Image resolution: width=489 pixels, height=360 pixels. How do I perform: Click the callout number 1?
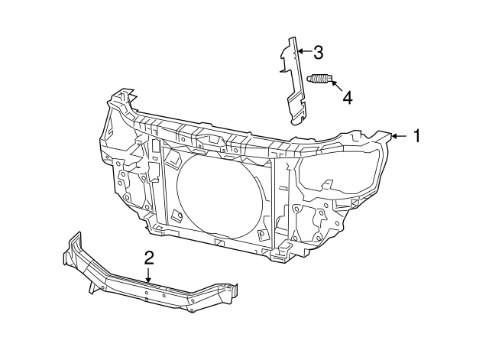click(417, 136)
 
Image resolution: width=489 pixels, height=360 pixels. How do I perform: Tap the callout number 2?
click(149, 258)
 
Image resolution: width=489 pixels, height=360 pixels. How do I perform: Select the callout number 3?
click(318, 53)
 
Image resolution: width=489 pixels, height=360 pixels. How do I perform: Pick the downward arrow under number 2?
click(149, 276)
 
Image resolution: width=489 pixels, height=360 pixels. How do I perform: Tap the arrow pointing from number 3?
click(304, 53)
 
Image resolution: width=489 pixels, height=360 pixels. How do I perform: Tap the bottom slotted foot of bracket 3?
click(298, 115)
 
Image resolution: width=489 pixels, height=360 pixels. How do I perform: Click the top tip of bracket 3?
click(292, 41)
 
